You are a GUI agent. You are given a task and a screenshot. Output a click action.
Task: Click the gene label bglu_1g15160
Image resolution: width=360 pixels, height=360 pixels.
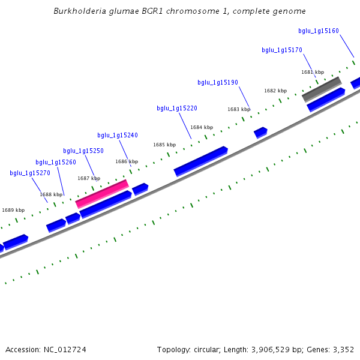point(319,31)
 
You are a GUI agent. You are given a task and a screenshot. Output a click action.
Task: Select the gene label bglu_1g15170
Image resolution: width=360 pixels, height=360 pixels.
point(282,50)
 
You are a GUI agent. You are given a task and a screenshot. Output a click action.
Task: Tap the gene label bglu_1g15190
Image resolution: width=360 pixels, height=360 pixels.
point(218,82)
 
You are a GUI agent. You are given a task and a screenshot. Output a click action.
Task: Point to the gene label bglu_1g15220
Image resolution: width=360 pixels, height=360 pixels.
point(177,108)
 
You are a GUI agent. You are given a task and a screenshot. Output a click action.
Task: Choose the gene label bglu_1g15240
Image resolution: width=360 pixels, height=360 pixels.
point(118,135)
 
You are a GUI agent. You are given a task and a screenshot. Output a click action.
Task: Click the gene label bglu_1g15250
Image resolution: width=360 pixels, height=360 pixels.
point(83,151)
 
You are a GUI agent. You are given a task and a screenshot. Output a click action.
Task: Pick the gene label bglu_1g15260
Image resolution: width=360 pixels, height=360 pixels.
point(56,162)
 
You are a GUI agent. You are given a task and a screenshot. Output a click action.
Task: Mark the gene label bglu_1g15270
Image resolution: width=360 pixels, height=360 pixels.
point(30,173)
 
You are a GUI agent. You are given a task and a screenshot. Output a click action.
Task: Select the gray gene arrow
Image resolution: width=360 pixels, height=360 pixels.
point(322,89)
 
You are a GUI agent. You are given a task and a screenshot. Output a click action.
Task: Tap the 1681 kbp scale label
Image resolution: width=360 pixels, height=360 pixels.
point(312,72)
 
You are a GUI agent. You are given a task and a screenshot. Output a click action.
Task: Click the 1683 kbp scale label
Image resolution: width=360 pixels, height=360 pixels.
point(239,109)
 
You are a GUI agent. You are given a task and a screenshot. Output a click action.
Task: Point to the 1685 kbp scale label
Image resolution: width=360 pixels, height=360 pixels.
point(164,145)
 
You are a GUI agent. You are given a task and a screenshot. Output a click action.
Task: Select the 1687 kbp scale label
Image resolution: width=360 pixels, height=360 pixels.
point(89,178)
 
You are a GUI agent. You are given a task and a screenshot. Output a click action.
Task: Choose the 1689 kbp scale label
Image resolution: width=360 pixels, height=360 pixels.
point(13,210)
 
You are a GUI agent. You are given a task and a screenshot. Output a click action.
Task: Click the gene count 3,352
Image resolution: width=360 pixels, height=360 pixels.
point(343,349)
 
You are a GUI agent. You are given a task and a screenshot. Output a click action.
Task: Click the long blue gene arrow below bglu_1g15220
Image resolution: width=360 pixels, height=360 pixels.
point(200,161)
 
